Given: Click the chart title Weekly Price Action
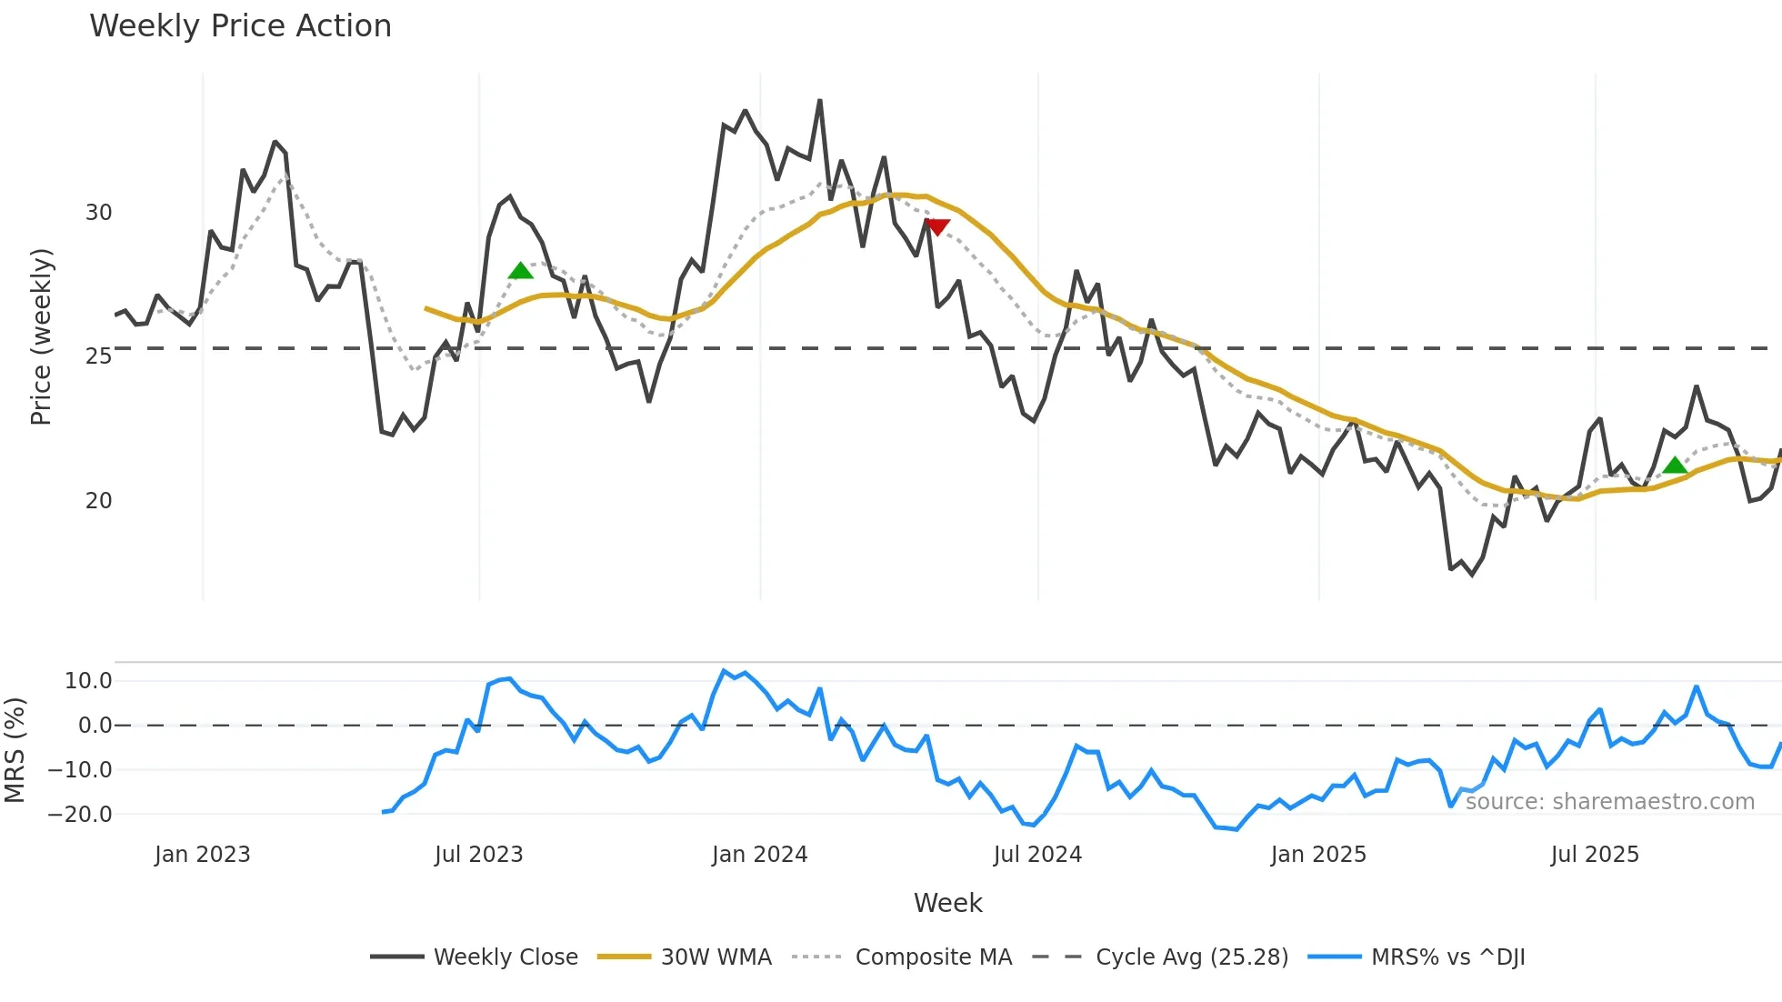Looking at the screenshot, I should pyautogui.click(x=240, y=26).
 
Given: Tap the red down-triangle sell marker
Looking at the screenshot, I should pyautogui.click(x=936, y=226).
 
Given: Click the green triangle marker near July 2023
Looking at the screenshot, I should pyautogui.click(x=520, y=271).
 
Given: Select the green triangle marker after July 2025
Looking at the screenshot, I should pyautogui.click(x=1675, y=466).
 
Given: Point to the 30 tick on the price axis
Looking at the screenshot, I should pyautogui.click(x=98, y=213).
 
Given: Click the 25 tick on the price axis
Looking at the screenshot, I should pyautogui.click(x=98, y=356).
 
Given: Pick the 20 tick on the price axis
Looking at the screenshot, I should pyautogui.click(x=98, y=501).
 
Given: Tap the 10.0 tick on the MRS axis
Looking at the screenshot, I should pyautogui.click(x=88, y=681).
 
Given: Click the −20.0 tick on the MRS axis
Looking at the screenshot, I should pyautogui.click(x=80, y=815).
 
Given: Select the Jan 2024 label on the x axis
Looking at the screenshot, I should pyautogui.click(x=759, y=855).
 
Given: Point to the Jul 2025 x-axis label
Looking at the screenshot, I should pyautogui.click(x=1595, y=855).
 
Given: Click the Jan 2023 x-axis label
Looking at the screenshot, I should pyautogui.click(x=202, y=855).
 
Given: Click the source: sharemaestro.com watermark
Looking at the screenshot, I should pyautogui.click(x=1609, y=802).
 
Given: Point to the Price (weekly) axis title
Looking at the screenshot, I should pyautogui.click(x=41, y=336).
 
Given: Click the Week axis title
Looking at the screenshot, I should pyautogui.click(x=947, y=903).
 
